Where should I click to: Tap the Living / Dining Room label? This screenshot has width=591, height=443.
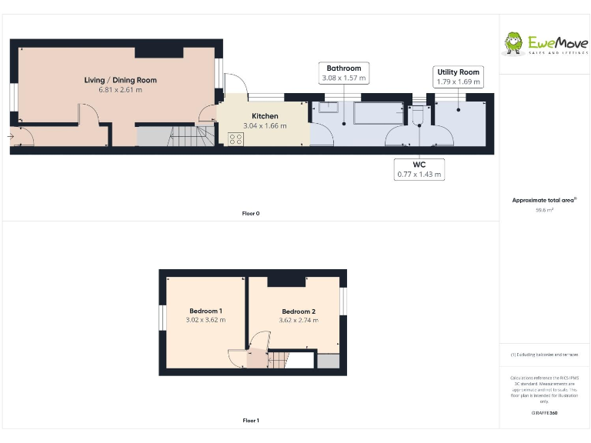click(x=121, y=80)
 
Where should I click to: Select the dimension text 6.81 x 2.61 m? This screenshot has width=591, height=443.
click(x=121, y=90)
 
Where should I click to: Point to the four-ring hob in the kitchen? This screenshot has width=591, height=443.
click(x=236, y=138)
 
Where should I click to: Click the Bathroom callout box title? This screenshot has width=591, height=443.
click(x=343, y=68)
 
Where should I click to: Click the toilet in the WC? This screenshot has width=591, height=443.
click(x=418, y=115)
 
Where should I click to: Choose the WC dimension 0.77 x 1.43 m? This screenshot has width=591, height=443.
click(x=419, y=174)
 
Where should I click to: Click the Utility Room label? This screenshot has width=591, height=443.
click(x=458, y=72)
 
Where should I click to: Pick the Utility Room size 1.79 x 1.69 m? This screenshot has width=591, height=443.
click(x=458, y=82)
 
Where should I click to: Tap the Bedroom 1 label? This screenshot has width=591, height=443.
click(x=205, y=311)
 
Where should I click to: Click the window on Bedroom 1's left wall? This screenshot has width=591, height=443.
click(x=162, y=318)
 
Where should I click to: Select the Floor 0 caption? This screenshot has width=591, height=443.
click(x=251, y=213)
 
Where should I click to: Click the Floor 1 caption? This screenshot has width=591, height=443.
click(x=251, y=421)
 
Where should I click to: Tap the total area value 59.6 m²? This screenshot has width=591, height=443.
click(x=544, y=209)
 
